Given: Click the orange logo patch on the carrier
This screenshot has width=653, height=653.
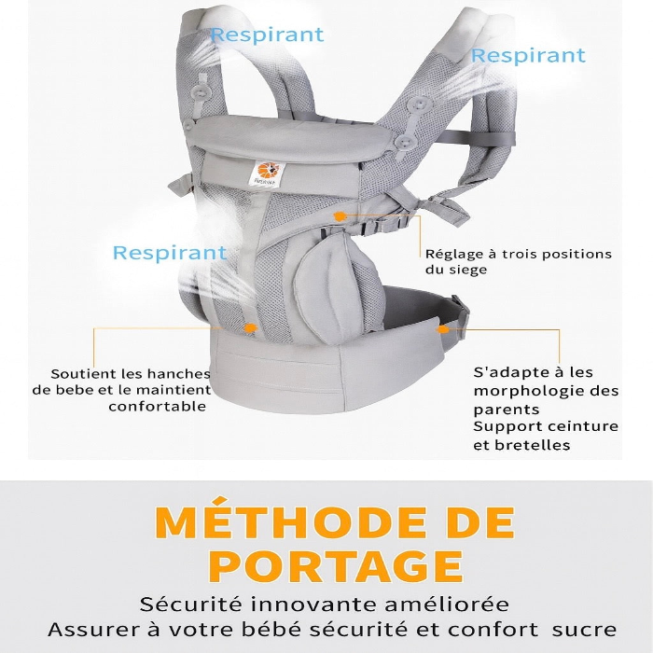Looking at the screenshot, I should (265, 174).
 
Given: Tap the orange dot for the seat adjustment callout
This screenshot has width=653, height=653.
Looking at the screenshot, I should (340, 216).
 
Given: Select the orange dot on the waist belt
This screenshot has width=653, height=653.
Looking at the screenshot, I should (443, 328).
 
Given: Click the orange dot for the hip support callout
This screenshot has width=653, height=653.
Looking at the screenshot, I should (250, 328).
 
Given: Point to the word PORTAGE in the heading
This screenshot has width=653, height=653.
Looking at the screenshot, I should (336, 566).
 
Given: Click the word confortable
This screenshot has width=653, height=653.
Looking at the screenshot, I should (157, 407).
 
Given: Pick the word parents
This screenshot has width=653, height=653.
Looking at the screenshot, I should (505, 410).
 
